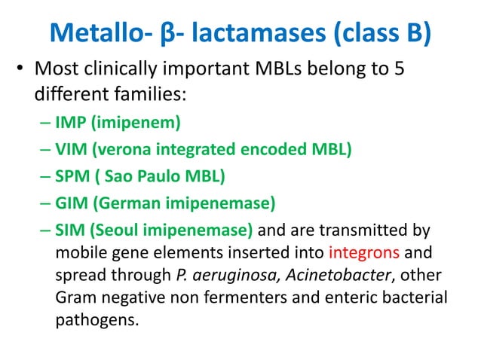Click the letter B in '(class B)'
(417, 33)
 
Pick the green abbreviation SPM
(72, 176)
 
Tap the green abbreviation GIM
(71, 203)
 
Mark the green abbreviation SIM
(69, 230)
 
